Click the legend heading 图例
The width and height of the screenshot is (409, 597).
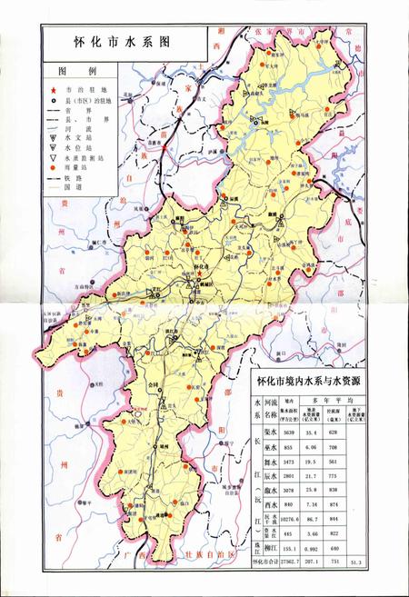tap(71, 71)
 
